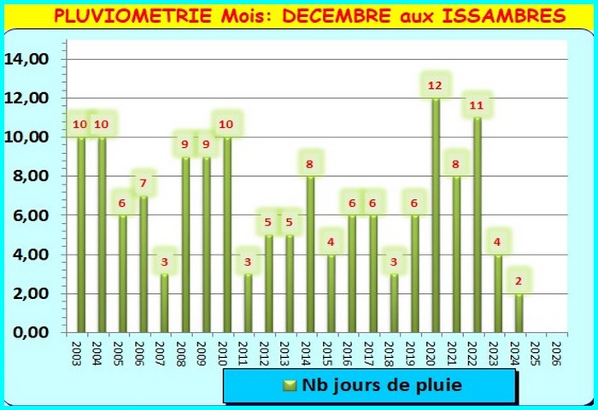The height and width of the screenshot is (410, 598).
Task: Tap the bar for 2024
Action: (x=519, y=313)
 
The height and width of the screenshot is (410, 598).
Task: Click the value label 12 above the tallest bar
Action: (x=435, y=85)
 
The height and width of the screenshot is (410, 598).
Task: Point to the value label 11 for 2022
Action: (x=477, y=106)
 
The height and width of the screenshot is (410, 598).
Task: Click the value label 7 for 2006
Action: (x=144, y=183)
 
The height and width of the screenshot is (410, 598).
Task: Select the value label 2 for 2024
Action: (x=519, y=281)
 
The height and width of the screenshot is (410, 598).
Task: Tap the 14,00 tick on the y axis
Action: (x=27, y=59)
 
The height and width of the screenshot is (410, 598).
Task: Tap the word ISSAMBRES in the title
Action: (x=492, y=16)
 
